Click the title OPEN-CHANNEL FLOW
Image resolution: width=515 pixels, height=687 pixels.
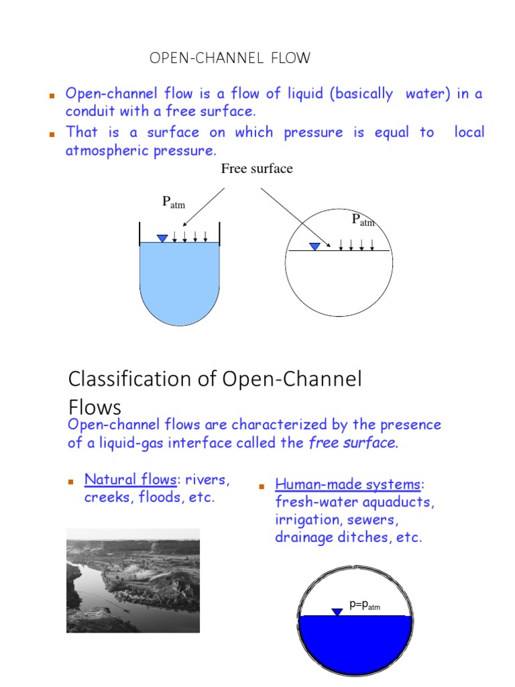point(230,58)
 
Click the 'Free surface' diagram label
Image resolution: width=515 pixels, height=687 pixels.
point(257,168)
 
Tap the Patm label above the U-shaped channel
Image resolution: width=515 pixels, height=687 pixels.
point(174,203)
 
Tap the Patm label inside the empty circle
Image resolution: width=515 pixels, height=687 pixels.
point(363,220)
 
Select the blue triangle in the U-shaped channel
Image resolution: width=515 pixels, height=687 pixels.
point(162,238)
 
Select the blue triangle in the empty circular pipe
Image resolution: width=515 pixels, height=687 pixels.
point(314,246)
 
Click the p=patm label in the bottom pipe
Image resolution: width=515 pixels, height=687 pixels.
point(365,605)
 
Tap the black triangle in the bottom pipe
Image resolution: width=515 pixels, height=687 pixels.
point(337,611)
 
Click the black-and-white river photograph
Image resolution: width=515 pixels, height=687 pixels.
point(133,580)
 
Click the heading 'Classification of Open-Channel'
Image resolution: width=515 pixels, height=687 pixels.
point(215,379)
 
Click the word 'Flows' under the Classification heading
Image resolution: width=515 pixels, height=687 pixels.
point(95,407)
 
